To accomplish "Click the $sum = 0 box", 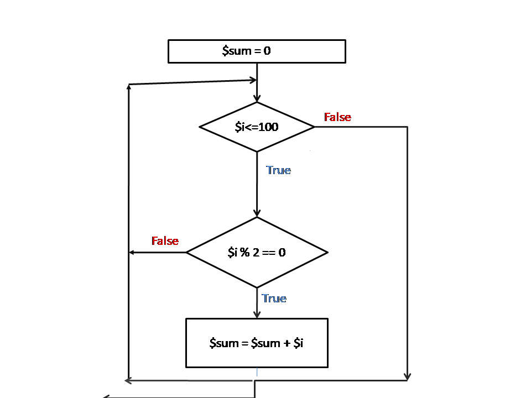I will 257,51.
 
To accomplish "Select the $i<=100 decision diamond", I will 257,127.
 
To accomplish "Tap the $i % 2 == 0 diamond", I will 257,253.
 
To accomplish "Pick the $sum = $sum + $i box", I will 257,343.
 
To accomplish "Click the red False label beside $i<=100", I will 337,117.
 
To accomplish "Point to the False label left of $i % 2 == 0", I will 165,241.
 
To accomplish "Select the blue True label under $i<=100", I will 278,170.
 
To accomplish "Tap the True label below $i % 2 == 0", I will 274,298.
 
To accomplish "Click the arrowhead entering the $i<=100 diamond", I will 257,98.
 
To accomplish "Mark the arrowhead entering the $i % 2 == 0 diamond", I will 257,213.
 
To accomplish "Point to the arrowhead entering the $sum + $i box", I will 257,315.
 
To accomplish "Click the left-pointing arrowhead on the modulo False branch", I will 132,253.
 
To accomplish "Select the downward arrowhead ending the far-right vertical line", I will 407,376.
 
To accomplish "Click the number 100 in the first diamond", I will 268,127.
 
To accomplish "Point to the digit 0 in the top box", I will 267,51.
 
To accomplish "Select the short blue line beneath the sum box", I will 257,372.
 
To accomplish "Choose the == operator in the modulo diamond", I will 269,253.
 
